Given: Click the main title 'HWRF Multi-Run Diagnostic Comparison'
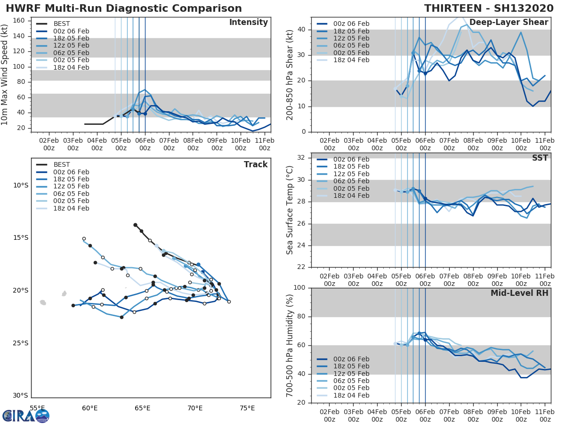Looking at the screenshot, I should (124, 8).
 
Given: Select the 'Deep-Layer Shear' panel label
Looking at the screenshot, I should (508, 23).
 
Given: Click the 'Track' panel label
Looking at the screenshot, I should (255, 164).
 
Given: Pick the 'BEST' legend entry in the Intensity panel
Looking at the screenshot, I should (62, 24).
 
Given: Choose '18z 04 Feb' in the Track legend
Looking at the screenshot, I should (71, 208).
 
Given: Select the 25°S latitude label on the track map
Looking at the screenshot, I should (20, 343).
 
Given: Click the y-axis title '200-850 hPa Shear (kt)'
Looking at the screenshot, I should (290, 75).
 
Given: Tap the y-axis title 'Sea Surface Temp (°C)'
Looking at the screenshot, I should (290, 210).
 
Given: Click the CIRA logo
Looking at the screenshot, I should (26, 416).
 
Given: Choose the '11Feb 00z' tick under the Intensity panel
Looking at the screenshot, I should (264, 144).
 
